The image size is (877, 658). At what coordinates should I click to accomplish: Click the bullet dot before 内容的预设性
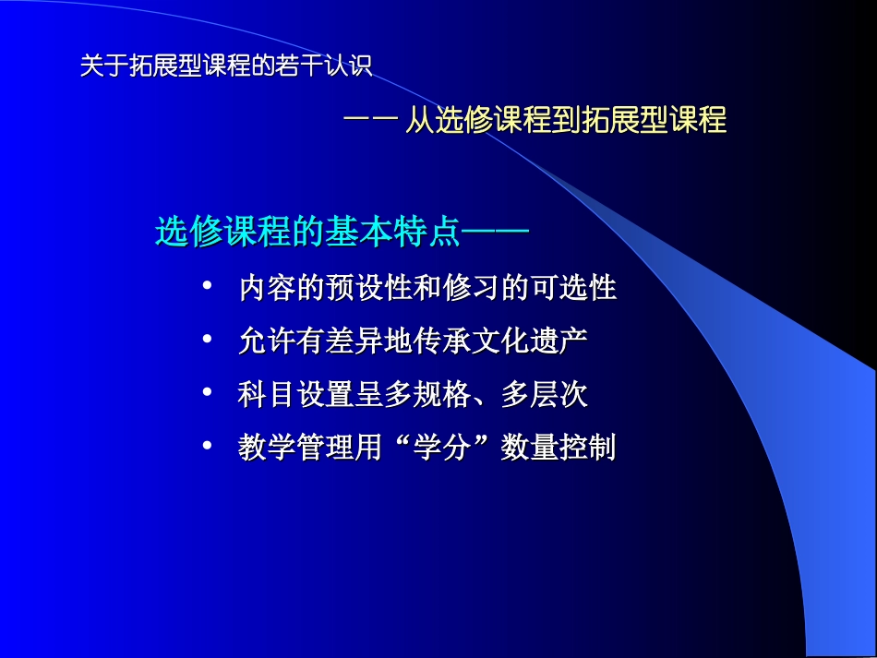(207, 288)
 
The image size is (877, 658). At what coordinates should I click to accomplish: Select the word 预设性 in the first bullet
(370, 289)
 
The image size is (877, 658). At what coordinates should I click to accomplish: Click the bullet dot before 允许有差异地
(207, 341)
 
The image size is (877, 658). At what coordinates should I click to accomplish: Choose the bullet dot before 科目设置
(207, 395)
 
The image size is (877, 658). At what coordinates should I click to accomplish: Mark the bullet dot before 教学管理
(207, 449)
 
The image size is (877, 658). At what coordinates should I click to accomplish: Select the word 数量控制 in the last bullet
(558, 449)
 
